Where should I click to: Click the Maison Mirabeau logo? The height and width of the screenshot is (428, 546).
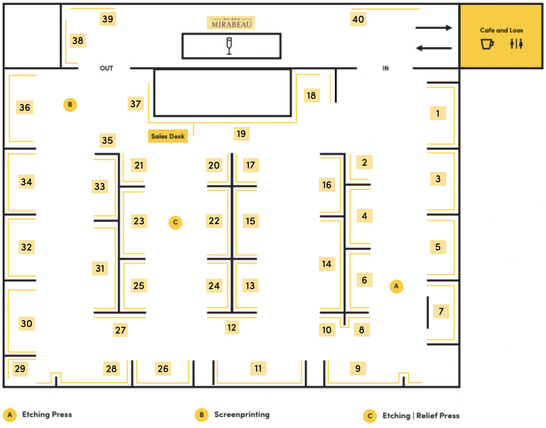[x=231, y=23]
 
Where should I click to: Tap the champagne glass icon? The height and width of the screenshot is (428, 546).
[x=229, y=46]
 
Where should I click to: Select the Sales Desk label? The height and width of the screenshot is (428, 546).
[x=168, y=136]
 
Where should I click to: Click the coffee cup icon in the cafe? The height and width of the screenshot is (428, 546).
[x=487, y=44]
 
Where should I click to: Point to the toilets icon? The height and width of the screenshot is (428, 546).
[x=516, y=44]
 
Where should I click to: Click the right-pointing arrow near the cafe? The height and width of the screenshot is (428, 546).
[x=434, y=28]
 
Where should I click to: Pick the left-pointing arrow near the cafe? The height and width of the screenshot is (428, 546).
[x=434, y=48]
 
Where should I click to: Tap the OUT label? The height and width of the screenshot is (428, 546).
[x=106, y=68]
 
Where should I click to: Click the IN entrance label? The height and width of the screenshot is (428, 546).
[x=385, y=68]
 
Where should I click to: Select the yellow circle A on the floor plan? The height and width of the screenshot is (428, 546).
[x=396, y=286]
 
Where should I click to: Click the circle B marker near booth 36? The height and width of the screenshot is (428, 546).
[x=70, y=105]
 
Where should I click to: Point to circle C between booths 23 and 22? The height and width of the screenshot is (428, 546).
[x=175, y=222]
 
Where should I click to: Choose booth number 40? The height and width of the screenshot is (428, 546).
[x=358, y=19]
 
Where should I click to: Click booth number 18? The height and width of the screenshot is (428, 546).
[x=311, y=96]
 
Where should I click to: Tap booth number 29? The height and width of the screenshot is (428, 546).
[x=20, y=369]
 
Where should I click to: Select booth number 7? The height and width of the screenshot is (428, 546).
[x=441, y=311]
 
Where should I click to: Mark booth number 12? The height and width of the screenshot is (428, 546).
[x=232, y=328]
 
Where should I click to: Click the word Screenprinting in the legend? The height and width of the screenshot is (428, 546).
[x=242, y=415]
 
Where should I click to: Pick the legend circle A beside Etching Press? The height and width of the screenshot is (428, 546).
[x=10, y=415]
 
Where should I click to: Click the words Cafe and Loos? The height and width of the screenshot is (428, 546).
[x=501, y=30]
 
